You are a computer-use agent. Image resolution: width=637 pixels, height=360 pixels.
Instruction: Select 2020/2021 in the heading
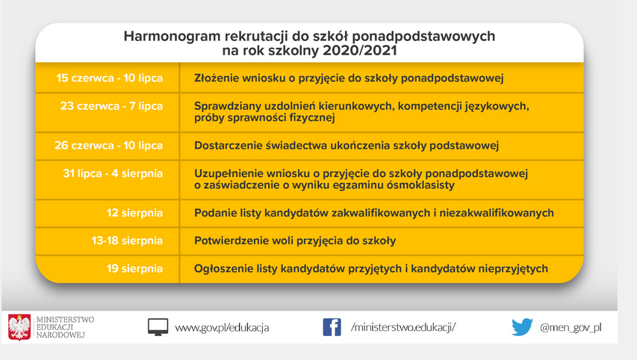359,50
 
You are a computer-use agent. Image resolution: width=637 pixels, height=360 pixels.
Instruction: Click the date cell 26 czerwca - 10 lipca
108,146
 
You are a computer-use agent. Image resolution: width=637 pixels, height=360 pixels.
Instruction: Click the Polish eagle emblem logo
19,327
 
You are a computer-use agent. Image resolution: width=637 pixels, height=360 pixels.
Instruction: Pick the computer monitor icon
158,327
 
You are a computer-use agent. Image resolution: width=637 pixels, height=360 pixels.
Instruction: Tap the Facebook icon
332,327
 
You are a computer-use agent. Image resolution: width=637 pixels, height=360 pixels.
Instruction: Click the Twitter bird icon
522,327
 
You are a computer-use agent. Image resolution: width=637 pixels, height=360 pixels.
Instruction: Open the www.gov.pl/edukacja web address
222,327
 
